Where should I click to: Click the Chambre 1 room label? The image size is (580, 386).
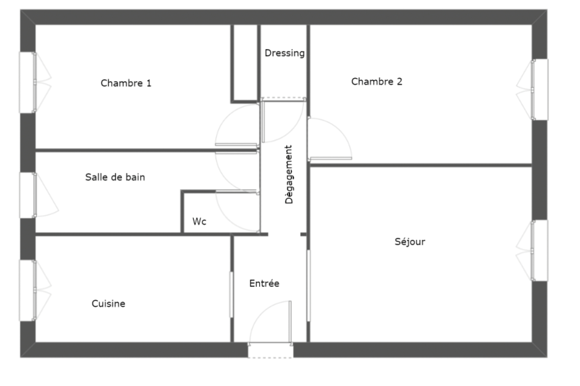(x=126, y=83)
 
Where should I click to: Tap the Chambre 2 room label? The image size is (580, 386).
(x=377, y=82)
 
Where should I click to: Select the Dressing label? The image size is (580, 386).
(x=285, y=53)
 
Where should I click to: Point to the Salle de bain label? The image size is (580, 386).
(x=115, y=177)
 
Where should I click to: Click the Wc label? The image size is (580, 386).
(x=199, y=221)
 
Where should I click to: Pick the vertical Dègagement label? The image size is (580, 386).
(x=289, y=175)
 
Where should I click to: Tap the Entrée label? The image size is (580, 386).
(x=264, y=283)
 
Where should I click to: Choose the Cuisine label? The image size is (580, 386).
(x=108, y=303)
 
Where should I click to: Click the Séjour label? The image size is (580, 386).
(x=410, y=242)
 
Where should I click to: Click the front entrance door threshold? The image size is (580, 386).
(x=271, y=350)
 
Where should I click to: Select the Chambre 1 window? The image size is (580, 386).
(x=27, y=83)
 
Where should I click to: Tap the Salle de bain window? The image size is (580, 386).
(x=28, y=195)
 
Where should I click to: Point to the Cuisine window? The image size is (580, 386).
(x=27, y=290)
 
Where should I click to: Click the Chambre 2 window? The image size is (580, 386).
(x=540, y=90)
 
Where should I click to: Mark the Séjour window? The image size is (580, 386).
(x=540, y=250)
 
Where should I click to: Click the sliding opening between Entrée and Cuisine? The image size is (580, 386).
(x=231, y=294)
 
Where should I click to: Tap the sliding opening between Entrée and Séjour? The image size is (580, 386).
(x=308, y=286)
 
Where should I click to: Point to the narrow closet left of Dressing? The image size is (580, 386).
(x=246, y=62)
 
